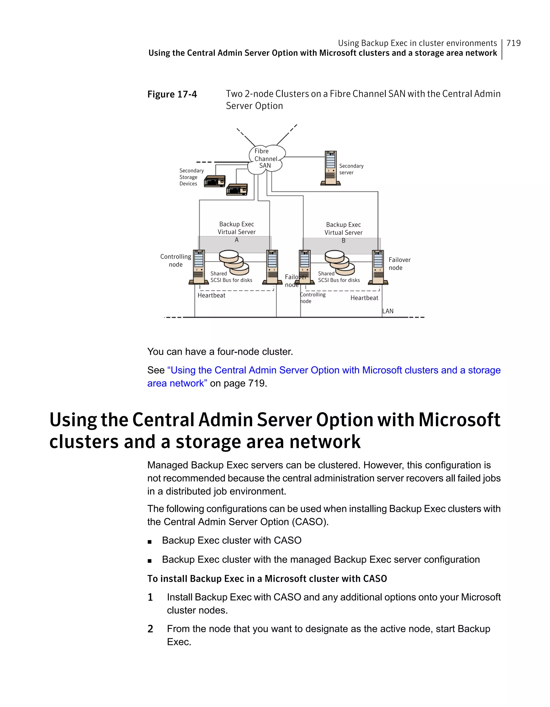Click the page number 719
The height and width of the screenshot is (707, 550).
(513, 43)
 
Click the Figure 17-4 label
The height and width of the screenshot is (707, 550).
(172, 94)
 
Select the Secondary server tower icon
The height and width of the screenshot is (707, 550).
(331, 168)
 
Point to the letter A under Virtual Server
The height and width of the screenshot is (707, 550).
(237, 240)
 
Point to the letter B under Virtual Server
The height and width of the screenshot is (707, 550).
(343, 241)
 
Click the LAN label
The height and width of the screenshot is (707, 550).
(388, 311)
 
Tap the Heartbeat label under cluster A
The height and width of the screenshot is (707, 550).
(211, 295)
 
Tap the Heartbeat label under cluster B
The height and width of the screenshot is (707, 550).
(364, 298)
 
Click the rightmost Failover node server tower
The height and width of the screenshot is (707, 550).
(378, 267)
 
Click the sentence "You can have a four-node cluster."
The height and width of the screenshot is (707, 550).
(220, 351)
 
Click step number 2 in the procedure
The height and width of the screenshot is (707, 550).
(150, 629)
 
